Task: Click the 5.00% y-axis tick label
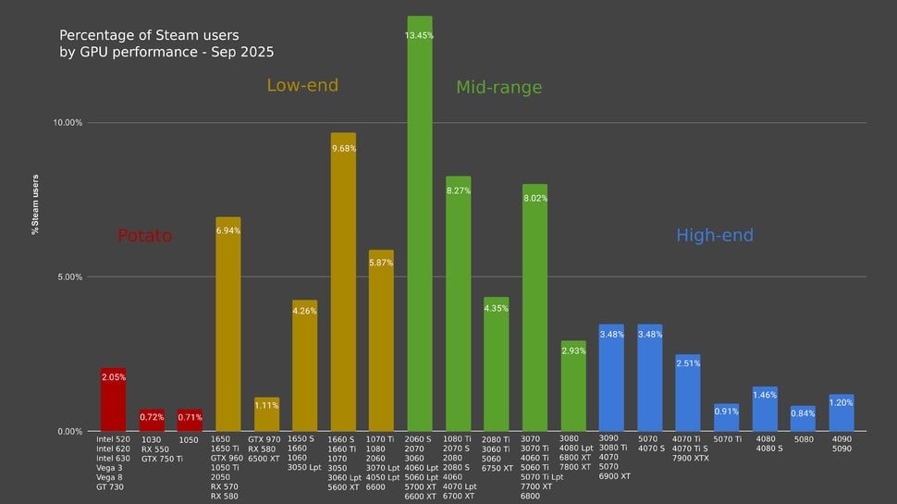[x=67, y=277]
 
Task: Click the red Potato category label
[x=144, y=236]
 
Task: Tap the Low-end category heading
[x=302, y=85]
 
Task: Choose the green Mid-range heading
[x=498, y=88]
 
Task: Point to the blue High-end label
[x=715, y=236]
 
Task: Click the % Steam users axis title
[x=35, y=204]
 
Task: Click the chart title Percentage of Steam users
[x=166, y=43]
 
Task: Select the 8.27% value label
[x=459, y=191]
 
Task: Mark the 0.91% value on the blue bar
[x=726, y=412]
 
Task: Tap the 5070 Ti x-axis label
[x=726, y=439]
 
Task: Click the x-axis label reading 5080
[x=803, y=439]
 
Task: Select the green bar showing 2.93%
[x=573, y=388]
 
